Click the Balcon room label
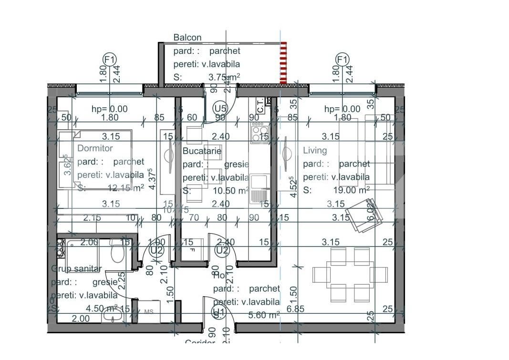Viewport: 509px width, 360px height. (187, 37)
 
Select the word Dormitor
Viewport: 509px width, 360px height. (95, 148)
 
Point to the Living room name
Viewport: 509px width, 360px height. (315, 150)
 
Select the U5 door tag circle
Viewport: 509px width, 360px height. (220, 107)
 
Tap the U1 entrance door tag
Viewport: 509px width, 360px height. (218, 313)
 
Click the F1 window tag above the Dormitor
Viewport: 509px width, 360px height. (110, 60)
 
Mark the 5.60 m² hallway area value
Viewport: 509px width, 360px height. (264, 315)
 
